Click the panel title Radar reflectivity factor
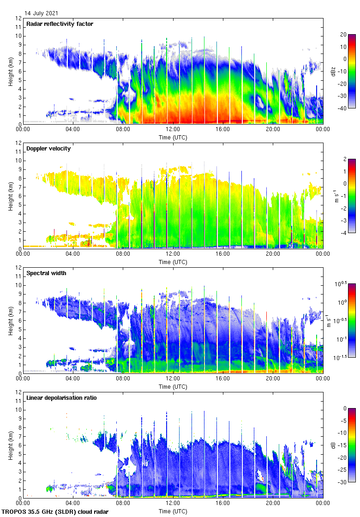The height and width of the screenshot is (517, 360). [x=60, y=24]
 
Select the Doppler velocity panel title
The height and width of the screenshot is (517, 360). [x=48, y=148]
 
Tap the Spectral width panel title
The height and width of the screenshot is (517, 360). [x=46, y=273]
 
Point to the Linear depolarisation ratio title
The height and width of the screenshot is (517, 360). [x=61, y=397]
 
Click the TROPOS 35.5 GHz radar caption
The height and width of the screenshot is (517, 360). [x=55, y=511]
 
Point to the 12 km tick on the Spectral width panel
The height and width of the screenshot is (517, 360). [x=18, y=268]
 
